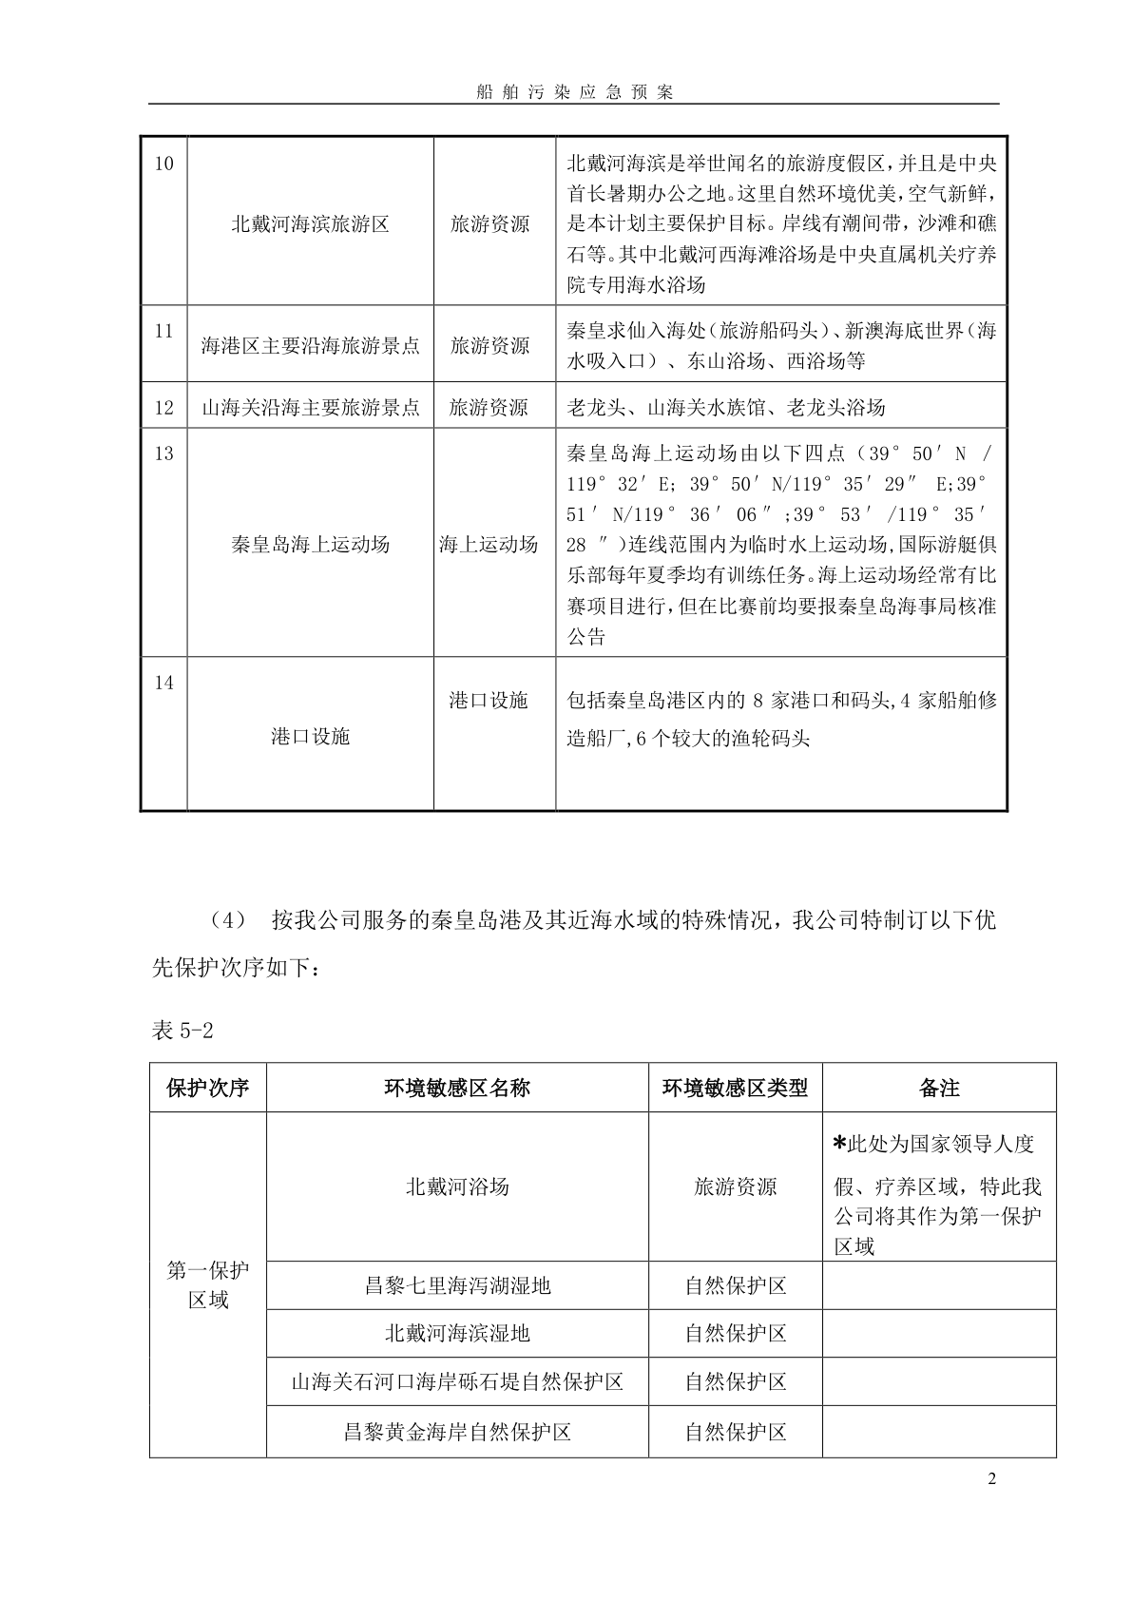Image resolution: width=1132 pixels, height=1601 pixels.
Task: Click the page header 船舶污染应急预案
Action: click(x=573, y=92)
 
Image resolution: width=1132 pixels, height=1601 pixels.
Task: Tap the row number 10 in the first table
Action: click(x=163, y=164)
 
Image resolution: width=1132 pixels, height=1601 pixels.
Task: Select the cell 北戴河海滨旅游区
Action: click(x=310, y=225)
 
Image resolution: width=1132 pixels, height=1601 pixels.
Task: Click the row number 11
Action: click(x=163, y=331)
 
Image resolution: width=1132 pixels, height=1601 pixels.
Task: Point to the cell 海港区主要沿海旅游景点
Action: click(x=310, y=346)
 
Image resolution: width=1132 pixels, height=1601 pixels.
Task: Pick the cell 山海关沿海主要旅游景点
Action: click(x=310, y=408)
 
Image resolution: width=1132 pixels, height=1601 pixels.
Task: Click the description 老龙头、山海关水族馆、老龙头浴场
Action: click(x=725, y=408)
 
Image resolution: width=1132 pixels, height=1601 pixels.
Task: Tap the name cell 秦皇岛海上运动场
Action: click(x=310, y=545)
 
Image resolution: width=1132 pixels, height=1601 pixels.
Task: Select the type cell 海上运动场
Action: click(x=488, y=545)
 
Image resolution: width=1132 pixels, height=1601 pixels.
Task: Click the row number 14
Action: click(x=163, y=683)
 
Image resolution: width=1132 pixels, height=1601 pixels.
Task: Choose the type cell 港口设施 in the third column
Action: click(x=488, y=701)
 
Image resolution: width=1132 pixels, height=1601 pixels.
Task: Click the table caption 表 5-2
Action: click(x=187, y=1031)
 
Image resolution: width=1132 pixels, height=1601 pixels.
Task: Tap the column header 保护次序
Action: click(x=207, y=1088)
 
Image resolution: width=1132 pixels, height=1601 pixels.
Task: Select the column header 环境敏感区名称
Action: click(x=457, y=1088)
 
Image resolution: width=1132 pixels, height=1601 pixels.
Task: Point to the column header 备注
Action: click(x=939, y=1088)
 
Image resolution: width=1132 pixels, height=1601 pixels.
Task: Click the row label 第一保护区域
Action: click(x=207, y=1284)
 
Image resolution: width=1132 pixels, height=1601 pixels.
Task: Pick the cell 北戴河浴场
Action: click(x=457, y=1186)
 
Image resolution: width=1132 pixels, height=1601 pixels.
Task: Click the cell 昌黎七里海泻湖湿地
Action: click(x=457, y=1286)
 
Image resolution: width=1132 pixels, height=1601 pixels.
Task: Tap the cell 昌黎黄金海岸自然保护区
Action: click(x=457, y=1432)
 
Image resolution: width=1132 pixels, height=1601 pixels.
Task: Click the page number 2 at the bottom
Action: click(x=992, y=1479)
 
